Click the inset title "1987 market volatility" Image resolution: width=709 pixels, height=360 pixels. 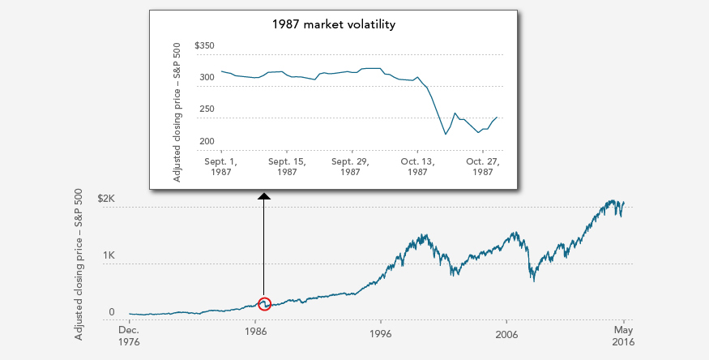click(x=333, y=24)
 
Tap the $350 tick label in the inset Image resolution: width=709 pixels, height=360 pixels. click(x=204, y=46)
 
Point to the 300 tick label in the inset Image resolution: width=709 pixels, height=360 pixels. click(x=207, y=78)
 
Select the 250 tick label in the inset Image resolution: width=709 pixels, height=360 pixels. click(x=207, y=109)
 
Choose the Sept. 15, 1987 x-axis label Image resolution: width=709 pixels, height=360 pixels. click(x=286, y=166)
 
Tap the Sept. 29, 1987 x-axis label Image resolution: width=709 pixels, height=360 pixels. click(x=351, y=166)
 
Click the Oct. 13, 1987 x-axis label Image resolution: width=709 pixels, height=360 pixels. click(x=417, y=166)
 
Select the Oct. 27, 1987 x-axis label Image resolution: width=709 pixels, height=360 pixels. click(x=480, y=166)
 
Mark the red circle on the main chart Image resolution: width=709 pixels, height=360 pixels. click(x=264, y=304)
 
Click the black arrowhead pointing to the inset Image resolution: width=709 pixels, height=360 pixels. click(x=264, y=196)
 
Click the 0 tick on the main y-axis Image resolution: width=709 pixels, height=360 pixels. click(x=112, y=312)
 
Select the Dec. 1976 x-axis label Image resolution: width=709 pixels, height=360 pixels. click(x=129, y=336)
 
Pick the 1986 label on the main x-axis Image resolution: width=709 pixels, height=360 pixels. click(x=255, y=331)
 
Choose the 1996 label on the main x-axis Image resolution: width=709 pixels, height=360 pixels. click(x=381, y=331)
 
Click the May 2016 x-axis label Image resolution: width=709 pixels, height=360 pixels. click(x=623, y=336)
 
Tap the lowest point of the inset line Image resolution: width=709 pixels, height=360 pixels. click(x=446, y=134)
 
